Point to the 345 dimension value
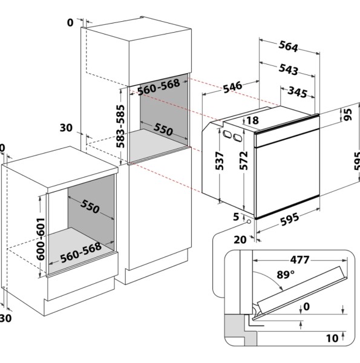tap(296, 93)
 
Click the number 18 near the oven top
tap(252, 120)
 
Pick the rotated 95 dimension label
tap(347, 115)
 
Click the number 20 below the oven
tap(240, 239)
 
